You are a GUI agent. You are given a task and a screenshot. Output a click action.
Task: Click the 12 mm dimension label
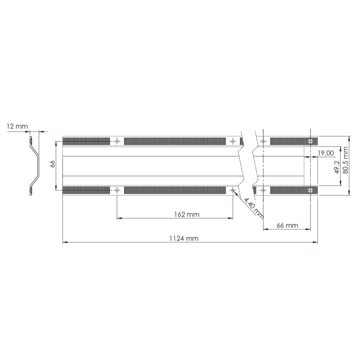point(17,126)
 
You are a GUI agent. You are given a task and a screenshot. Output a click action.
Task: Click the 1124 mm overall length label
point(184,238)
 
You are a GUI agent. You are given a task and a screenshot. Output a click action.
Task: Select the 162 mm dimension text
point(186,214)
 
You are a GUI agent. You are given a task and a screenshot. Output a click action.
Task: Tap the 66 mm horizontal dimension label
point(287,225)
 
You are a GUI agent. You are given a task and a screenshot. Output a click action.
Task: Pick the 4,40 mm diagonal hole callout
point(254,208)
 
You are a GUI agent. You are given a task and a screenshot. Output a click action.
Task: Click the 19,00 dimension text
point(325,153)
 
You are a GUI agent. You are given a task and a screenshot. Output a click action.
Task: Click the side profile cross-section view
point(34,166)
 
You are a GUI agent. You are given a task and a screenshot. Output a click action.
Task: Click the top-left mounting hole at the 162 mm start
point(117,141)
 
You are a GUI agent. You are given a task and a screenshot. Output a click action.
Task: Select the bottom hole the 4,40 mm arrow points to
point(233,190)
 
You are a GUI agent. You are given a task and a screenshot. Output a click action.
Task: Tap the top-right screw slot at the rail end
point(310,141)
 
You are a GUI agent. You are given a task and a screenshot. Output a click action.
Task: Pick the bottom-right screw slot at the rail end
point(310,190)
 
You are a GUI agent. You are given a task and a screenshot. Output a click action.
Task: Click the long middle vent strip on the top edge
point(175,141)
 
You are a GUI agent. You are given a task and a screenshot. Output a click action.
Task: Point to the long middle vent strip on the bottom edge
point(175,190)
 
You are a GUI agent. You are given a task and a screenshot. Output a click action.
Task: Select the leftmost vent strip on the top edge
point(86,141)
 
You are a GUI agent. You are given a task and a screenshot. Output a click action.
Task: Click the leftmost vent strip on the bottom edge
point(86,190)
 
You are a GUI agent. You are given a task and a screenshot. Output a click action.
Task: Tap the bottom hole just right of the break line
point(263,190)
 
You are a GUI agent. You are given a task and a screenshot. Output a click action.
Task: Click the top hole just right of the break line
point(263,141)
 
